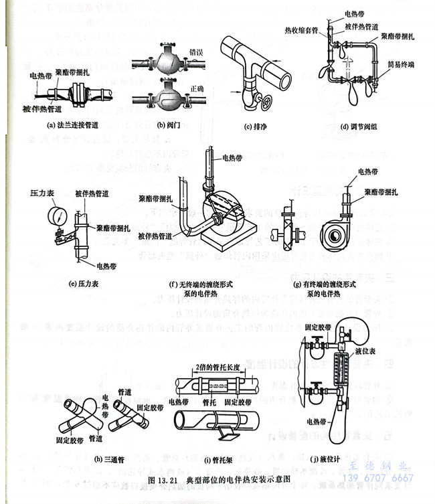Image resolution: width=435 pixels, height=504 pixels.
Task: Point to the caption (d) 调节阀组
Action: [348, 125]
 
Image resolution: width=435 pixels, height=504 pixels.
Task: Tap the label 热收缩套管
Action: [300, 30]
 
